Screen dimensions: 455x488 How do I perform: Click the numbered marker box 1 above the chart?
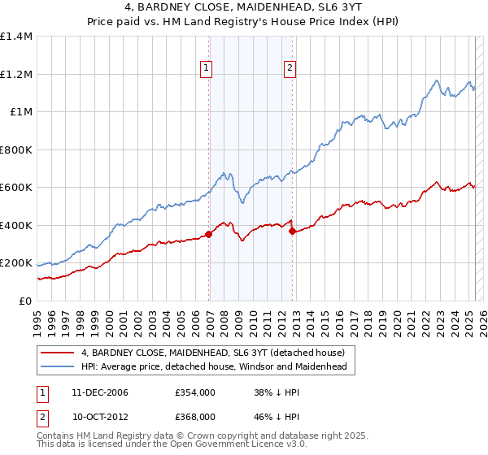point(207,69)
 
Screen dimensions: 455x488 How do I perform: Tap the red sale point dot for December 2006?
point(209,234)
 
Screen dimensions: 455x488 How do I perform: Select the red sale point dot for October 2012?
point(292,232)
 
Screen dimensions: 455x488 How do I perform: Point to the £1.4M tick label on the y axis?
point(16,37)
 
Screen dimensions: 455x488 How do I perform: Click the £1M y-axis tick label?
point(20,112)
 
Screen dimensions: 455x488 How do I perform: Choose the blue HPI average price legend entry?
point(214,367)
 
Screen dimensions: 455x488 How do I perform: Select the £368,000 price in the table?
point(194,416)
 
